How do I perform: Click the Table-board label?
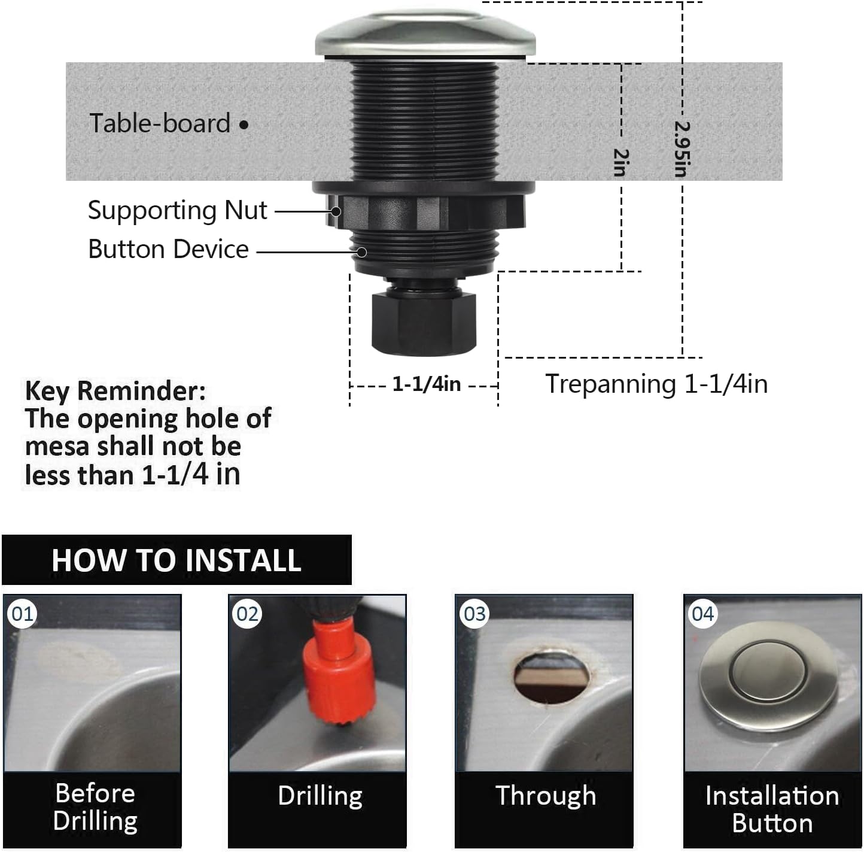point(160,123)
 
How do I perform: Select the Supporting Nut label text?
point(177,210)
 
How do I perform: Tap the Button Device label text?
point(168,249)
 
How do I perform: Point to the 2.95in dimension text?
point(682,149)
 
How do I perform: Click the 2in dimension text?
point(621,162)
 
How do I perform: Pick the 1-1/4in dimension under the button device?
point(426,384)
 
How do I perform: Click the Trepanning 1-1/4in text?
point(656,384)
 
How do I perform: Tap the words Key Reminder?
point(115,391)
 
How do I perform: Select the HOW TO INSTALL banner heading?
point(176,560)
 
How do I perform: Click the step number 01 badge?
point(23,614)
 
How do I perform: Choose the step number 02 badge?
point(248,614)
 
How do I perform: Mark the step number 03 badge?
point(474,614)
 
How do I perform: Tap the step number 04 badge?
point(702,614)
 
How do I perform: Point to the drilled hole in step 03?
point(550,677)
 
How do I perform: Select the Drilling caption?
point(320,796)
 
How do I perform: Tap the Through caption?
point(546,796)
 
